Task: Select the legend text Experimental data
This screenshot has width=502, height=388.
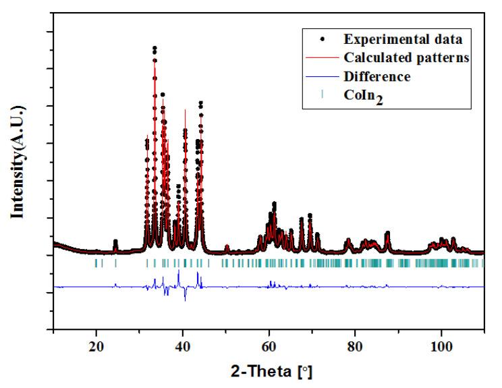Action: [x=392, y=39]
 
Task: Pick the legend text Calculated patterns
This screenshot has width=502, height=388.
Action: [x=397, y=58]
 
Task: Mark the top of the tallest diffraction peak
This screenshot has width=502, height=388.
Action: [x=155, y=49]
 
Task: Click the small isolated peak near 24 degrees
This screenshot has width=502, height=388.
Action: [x=115, y=242]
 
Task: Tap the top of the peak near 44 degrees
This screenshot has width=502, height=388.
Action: [x=200, y=103]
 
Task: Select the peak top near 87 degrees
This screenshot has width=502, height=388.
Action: [x=387, y=233]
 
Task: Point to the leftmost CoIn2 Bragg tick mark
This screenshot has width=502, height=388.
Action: [x=96, y=263]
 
